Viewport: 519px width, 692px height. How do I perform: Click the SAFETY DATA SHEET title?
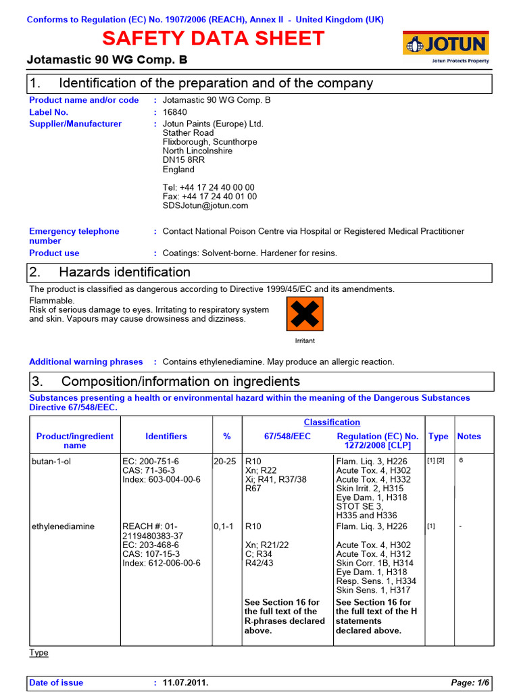214,39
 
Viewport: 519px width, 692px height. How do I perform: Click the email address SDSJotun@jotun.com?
205,205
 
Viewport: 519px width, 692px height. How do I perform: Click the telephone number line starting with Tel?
209,187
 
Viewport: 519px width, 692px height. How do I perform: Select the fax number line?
209,197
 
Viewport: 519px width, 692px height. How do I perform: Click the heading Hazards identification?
124,272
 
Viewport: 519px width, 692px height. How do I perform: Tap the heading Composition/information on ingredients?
179,382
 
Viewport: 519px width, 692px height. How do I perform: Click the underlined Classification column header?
331,422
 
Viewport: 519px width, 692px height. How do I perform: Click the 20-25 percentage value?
226,461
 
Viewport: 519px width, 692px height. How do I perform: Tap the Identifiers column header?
166,437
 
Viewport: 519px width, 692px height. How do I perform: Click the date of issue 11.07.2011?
185,683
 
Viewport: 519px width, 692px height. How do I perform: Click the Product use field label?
54,253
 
